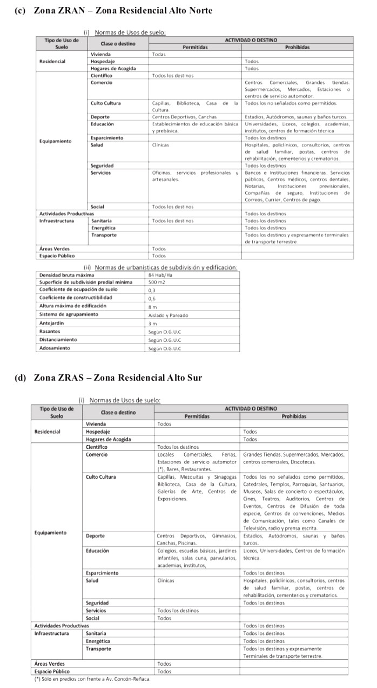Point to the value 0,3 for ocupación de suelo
(x=152, y=290)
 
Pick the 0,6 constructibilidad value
(x=152, y=298)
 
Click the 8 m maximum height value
(x=152, y=306)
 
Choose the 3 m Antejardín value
(x=152, y=323)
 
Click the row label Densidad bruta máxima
(x=59, y=275)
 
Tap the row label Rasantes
(x=50, y=331)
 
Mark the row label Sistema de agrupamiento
(x=64, y=314)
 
